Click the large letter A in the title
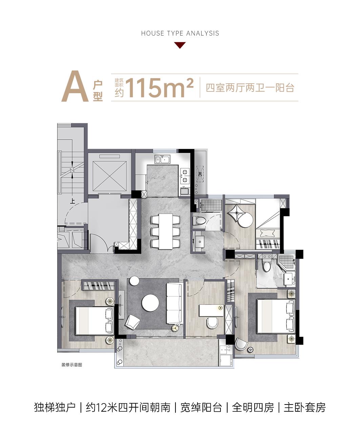tap(75, 86)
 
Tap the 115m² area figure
tap(160, 88)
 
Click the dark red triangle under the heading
tap(180, 45)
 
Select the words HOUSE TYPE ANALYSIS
tap(180, 34)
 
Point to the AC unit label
tap(199, 174)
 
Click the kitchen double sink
tap(163, 160)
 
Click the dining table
tap(166, 231)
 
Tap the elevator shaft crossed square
tap(109, 176)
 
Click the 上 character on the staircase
tap(72, 201)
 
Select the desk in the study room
tap(212, 310)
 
